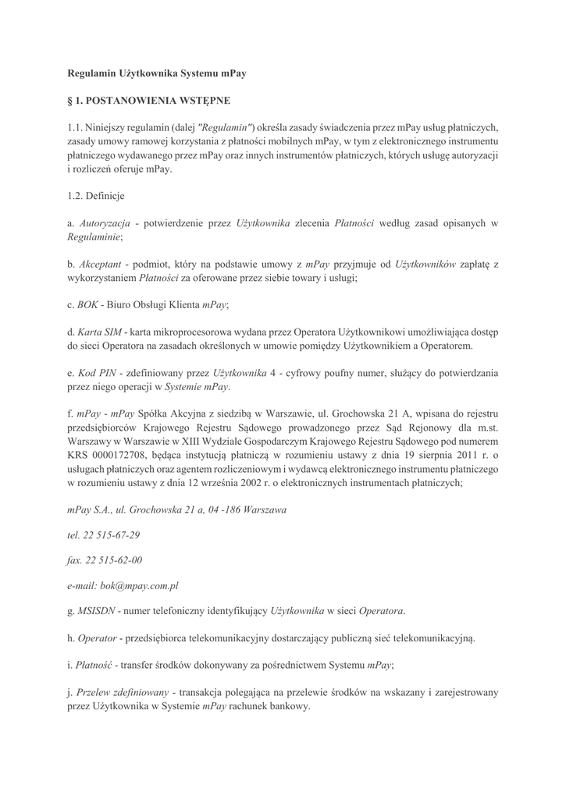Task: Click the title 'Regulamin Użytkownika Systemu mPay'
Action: (x=157, y=73)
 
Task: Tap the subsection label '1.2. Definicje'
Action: (x=96, y=196)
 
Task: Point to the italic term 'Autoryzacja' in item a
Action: (x=105, y=223)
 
